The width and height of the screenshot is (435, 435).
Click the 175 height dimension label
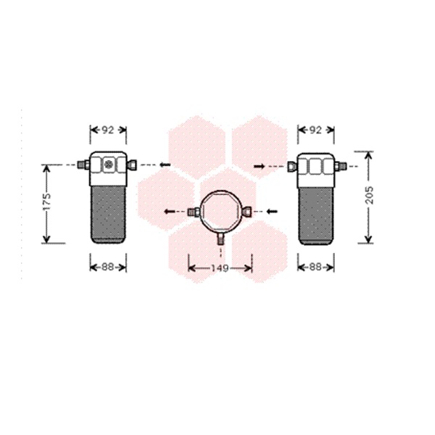(47, 202)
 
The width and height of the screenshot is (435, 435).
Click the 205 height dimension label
(370, 195)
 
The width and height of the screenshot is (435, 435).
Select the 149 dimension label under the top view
(220, 268)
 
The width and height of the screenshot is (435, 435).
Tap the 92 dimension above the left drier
(108, 130)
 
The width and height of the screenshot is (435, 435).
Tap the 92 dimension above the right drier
(315, 130)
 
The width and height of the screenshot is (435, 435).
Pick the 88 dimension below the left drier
(108, 267)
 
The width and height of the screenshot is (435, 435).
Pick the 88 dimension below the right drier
(315, 267)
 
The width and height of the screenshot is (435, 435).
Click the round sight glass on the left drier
(109, 165)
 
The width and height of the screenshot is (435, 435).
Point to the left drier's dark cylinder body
(108, 215)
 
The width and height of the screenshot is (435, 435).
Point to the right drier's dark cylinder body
(316, 216)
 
